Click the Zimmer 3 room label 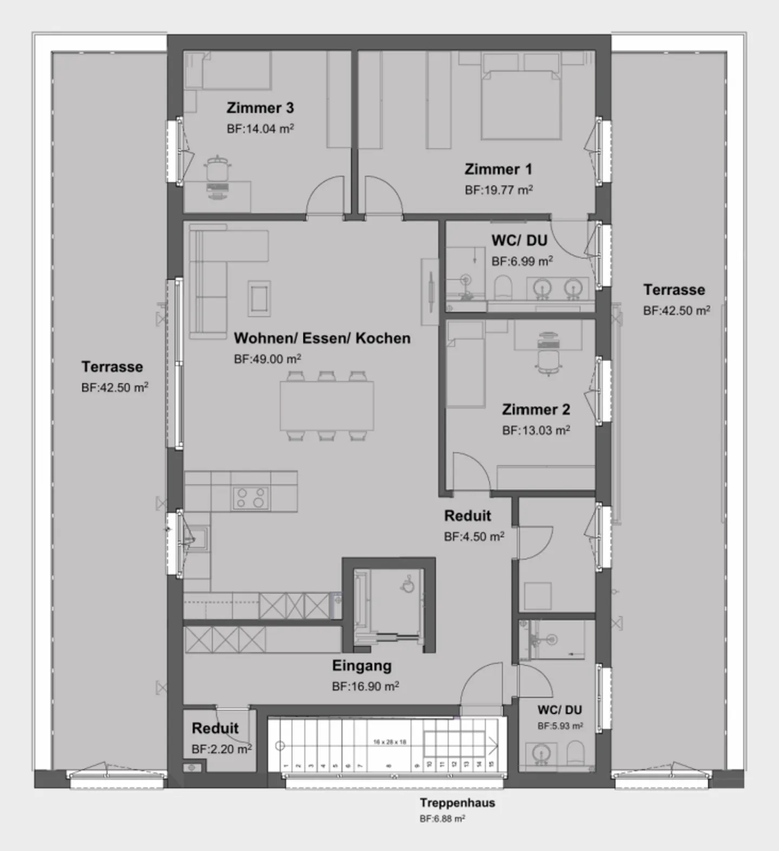pyautogui.click(x=260, y=108)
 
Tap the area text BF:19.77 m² pyautogui.click(x=498, y=190)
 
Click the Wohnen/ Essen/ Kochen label pyautogui.click(x=322, y=338)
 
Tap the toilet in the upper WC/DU pyautogui.click(x=503, y=287)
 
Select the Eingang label pyautogui.click(x=361, y=666)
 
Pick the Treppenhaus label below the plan pyautogui.click(x=457, y=803)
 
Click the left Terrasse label pyautogui.click(x=112, y=367)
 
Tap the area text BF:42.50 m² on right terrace pyautogui.click(x=676, y=311)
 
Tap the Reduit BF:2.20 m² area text pyautogui.click(x=221, y=749)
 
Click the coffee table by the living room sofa pyautogui.click(x=259, y=298)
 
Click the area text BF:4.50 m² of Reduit pyautogui.click(x=474, y=536)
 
